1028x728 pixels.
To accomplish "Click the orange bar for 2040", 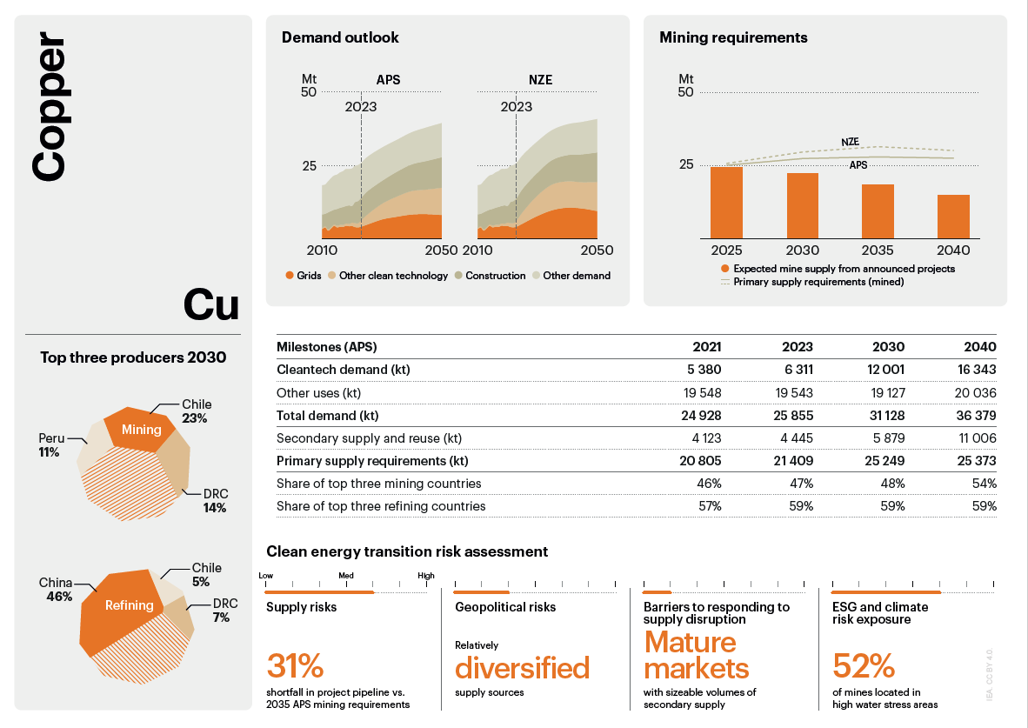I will (953, 216).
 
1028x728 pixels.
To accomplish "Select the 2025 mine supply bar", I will (727, 202).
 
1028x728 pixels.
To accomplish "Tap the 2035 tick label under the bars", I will (878, 250).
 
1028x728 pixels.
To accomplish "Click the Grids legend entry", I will (304, 276).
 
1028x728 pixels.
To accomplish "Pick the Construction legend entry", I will (489, 276).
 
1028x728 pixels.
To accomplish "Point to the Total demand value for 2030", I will (886, 416).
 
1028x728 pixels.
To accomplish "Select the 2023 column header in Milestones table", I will (798, 347).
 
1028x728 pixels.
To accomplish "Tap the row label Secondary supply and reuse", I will (369, 438).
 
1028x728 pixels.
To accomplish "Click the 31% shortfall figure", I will (295, 666).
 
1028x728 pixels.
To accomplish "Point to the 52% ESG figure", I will (864, 666).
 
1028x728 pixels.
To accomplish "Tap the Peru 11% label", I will (50, 445).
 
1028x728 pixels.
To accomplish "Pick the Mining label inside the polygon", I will (141, 430).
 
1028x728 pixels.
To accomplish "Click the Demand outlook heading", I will (340, 37).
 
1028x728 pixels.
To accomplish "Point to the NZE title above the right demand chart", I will (540, 80).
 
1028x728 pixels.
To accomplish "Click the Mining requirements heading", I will (733, 37).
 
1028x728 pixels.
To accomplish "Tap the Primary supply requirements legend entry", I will (818, 282).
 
